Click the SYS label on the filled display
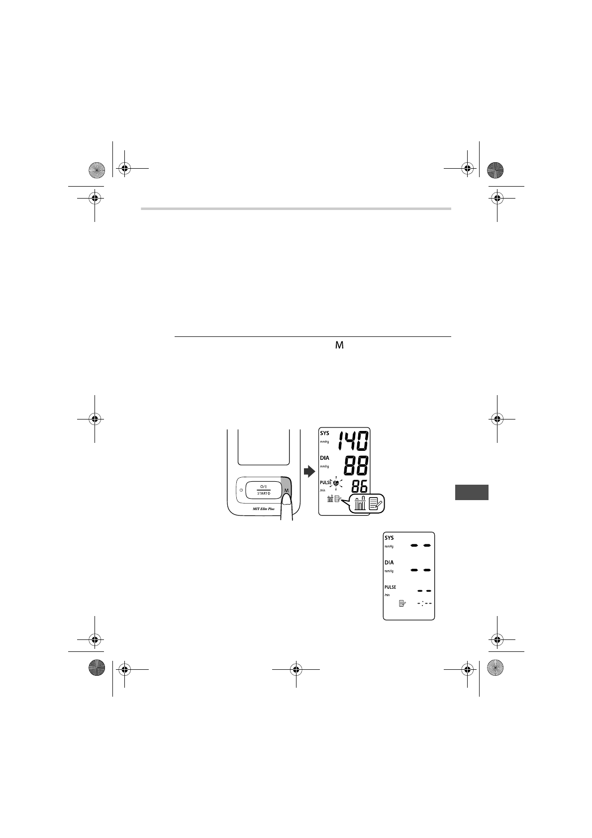click(324, 433)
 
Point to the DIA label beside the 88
click(324, 458)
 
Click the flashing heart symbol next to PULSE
click(336, 483)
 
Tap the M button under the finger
click(286, 491)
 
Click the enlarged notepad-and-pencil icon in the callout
click(376, 504)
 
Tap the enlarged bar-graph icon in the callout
click(359, 504)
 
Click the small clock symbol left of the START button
click(241, 490)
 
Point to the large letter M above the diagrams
click(340, 345)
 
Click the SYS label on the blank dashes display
click(389, 538)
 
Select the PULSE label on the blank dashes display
click(390, 587)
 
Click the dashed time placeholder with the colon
click(424, 603)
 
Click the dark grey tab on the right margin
click(472, 492)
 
